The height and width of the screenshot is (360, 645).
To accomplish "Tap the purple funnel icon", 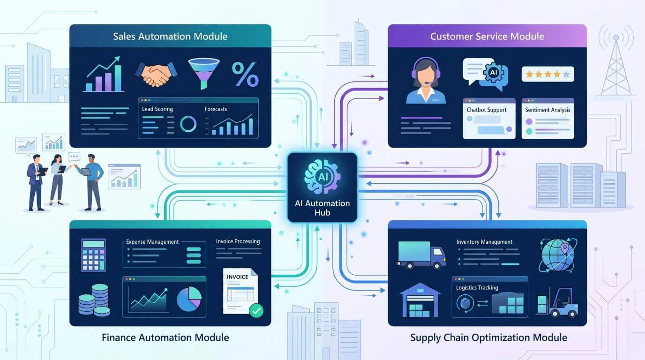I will click(203, 73).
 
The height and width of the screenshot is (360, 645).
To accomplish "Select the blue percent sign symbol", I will click(245, 74).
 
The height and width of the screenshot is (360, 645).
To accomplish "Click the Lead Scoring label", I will click(157, 109).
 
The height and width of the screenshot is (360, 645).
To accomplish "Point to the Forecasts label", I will click(216, 109).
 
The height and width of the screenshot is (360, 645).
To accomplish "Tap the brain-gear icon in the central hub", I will click(322, 175).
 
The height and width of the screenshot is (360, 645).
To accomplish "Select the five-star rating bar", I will click(547, 74).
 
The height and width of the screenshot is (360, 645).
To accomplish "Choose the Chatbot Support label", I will click(487, 110).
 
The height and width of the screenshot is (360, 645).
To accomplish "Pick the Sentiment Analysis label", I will click(548, 110).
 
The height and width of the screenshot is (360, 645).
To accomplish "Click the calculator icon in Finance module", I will click(93, 255).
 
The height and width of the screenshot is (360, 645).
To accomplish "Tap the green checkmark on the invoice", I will click(256, 309).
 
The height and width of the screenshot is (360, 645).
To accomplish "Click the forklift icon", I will click(558, 302).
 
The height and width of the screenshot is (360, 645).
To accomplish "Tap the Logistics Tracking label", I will click(477, 288).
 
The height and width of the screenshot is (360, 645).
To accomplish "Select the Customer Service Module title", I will click(487, 36).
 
